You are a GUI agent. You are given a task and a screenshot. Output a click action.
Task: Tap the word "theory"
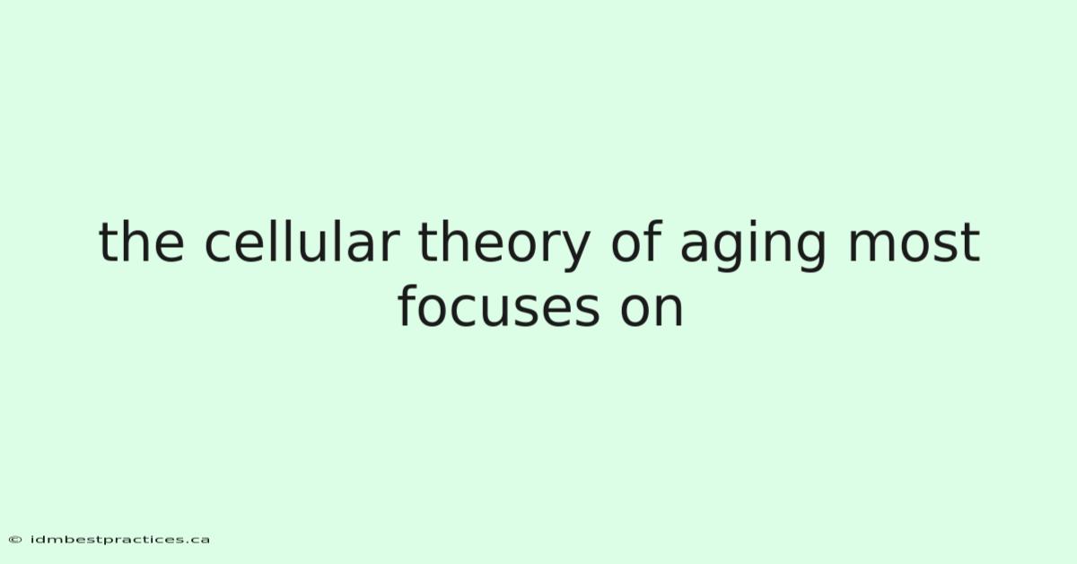(x=504, y=245)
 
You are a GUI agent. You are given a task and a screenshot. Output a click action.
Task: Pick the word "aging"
(x=753, y=246)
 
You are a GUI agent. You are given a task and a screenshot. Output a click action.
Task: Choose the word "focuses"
(x=499, y=306)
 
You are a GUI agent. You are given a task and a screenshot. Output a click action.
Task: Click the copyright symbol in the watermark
(x=15, y=540)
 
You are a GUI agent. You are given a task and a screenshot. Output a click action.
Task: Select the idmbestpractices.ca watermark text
(x=119, y=540)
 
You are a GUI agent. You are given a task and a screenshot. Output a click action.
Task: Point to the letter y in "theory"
(x=574, y=251)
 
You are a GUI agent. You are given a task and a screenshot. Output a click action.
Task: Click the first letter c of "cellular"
(x=219, y=246)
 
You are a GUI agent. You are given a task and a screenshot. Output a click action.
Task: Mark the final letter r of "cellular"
(x=390, y=246)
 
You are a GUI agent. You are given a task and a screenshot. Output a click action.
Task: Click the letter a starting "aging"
(x=695, y=246)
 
